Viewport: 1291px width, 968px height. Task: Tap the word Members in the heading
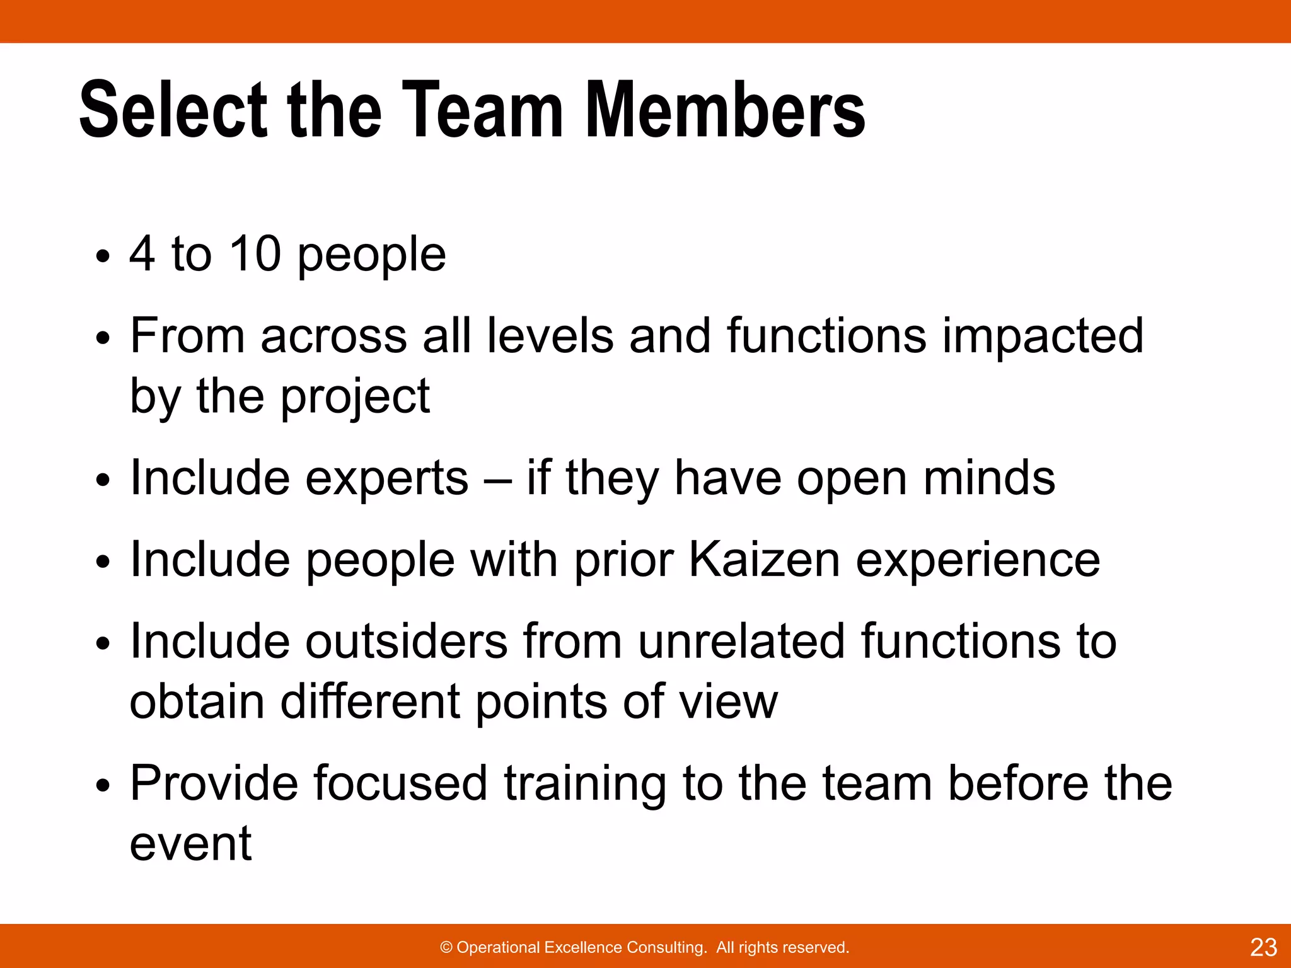coord(726,110)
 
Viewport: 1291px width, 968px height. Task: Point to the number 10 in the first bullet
coord(255,254)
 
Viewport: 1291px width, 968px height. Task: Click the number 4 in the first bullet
coord(142,254)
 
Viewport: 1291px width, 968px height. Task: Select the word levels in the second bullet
coord(550,335)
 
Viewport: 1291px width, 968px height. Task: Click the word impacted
coord(1043,335)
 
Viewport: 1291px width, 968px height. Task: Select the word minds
coord(989,478)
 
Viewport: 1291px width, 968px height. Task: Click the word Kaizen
coord(764,560)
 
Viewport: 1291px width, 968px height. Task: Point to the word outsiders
coord(407,641)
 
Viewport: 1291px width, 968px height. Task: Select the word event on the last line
coord(190,844)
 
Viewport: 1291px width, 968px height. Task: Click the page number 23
coord(1263,947)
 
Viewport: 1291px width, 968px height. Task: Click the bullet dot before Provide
coord(103,786)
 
